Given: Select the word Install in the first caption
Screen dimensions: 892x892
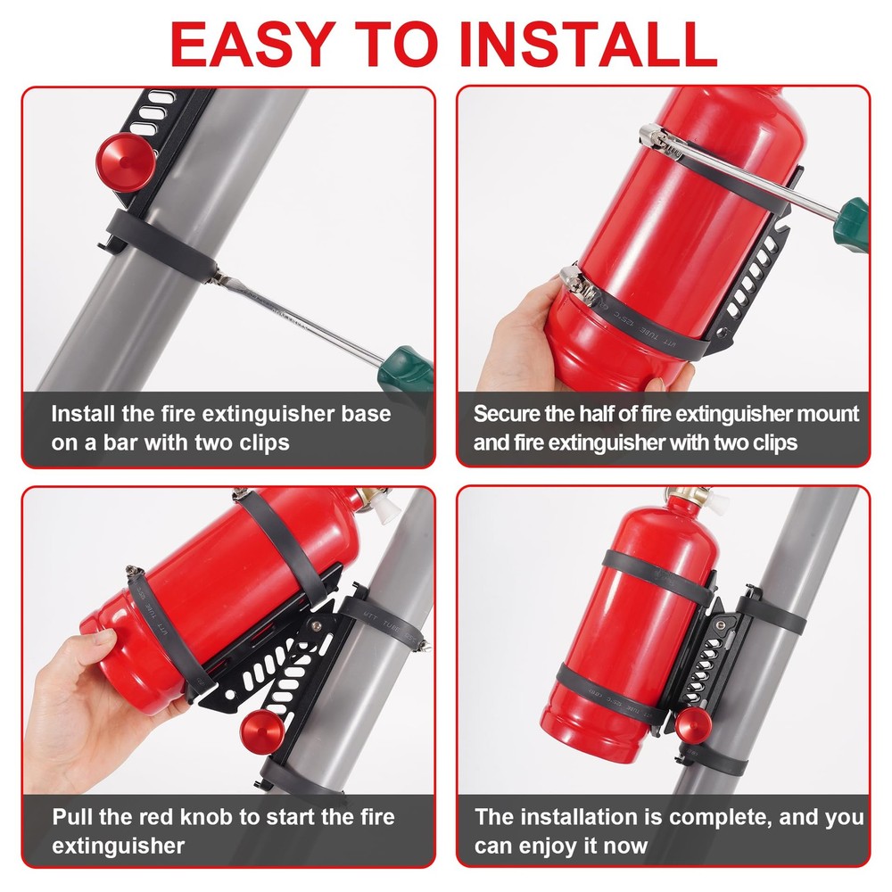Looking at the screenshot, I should tap(82, 414).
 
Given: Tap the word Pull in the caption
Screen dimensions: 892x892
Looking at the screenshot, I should tap(71, 817).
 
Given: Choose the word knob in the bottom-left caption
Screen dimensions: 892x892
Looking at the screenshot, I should tap(229, 817).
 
